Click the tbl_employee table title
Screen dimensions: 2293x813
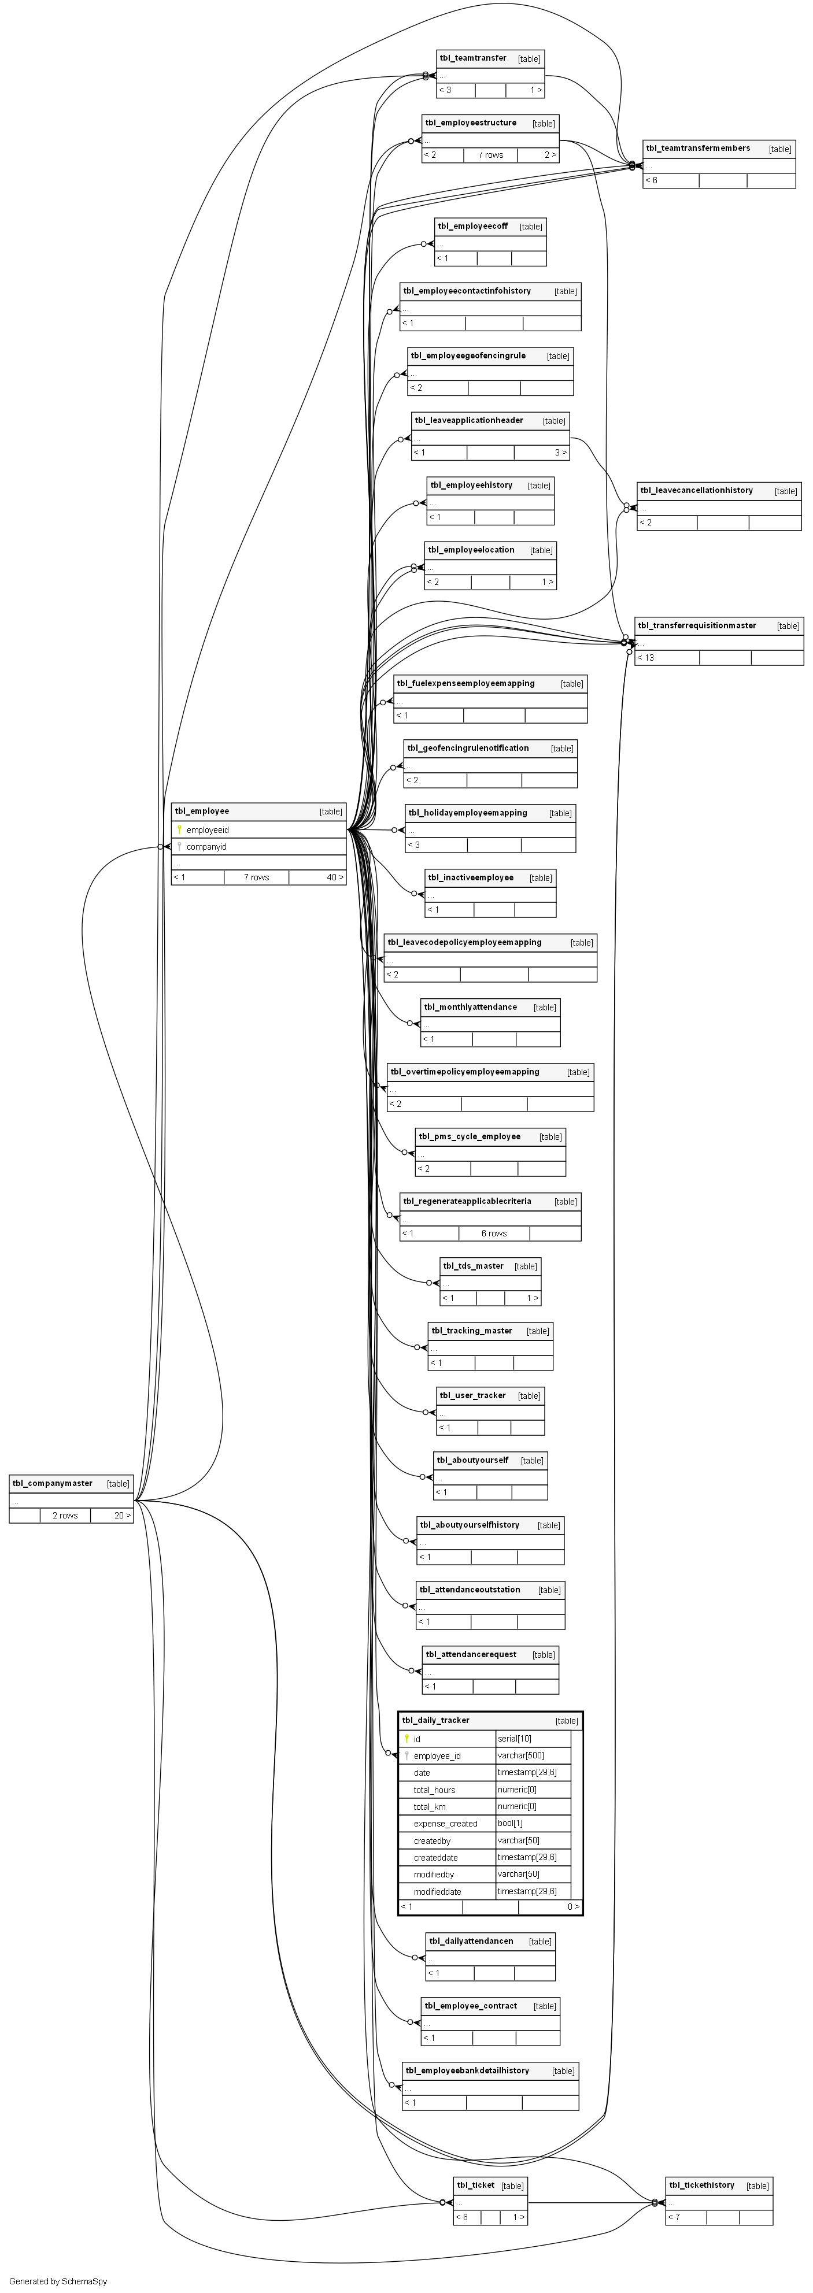pyautogui.click(x=202, y=811)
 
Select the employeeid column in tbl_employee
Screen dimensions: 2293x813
pyautogui.click(x=208, y=829)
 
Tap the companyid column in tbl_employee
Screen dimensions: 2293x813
pyautogui.click(x=206, y=847)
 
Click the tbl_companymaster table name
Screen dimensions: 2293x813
pyautogui.click(x=53, y=1483)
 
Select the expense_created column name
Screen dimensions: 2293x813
pyautogui.click(x=445, y=1823)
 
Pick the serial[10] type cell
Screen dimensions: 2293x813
pyautogui.click(x=515, y=1739)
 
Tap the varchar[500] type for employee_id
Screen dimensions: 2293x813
pyautogui.click(x=521, y=1755)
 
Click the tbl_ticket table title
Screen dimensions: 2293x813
pyautogui.click(x=475, y=2184)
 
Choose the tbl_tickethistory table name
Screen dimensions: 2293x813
pyautogui.click(x=702, y=2184)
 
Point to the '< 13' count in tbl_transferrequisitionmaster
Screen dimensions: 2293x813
pyautogui.click(x=645, y=658)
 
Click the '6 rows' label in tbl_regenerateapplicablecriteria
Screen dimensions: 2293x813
pyautogui.click(x=494, y=1233)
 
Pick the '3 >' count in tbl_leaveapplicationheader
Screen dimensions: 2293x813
pyautogui.click(x=561, y=452)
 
